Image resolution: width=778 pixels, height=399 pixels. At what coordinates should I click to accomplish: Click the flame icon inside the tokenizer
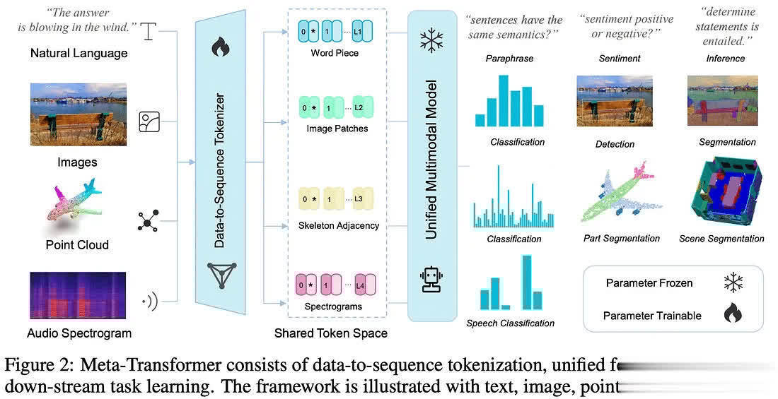[x=220, y=48]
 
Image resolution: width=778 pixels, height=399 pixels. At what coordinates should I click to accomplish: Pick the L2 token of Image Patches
[x=359, y=108]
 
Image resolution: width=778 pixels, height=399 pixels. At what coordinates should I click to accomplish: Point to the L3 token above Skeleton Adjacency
[x=359, y=199]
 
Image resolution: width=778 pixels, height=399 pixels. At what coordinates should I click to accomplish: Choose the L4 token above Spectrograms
[x=359, y=285]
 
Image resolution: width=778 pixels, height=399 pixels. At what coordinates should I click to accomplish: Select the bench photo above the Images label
[x=78, y=114]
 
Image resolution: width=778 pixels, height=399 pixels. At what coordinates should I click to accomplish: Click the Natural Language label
[x=79, y=53]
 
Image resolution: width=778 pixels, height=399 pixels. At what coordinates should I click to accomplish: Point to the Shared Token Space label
[x=331, y=332]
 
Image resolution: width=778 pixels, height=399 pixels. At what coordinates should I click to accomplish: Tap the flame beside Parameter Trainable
[x=733, y=313]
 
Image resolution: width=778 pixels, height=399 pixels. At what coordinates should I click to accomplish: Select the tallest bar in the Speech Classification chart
[x=526, y=282]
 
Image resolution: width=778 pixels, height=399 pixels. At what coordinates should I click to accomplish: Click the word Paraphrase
[x=509, y=59]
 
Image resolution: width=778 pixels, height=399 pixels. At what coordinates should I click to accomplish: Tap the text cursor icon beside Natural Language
[x=147, y=30]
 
